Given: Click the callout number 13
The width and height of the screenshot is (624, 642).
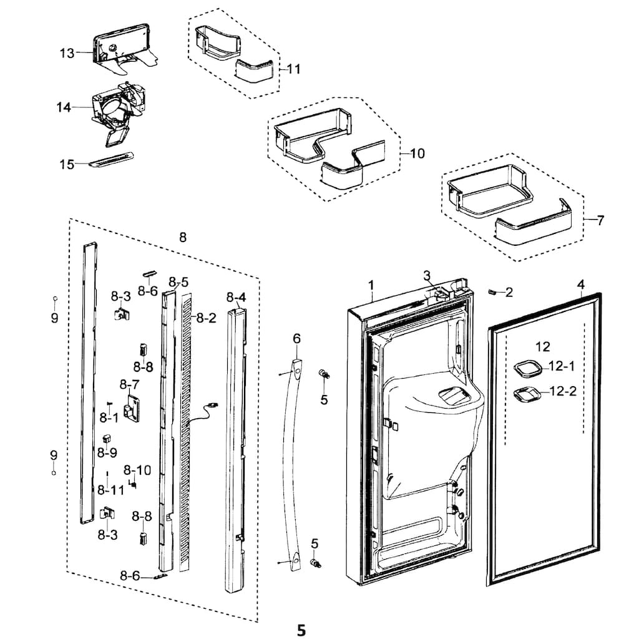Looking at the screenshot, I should pos(67,53).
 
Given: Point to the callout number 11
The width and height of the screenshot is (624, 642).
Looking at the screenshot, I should pos(293,69).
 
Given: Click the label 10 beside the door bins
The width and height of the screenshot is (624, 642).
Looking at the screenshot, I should pos(417,153).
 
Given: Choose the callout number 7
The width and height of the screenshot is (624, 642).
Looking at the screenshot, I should pos(600,220).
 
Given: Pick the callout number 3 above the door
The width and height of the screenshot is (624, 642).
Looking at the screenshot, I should pos(427,275).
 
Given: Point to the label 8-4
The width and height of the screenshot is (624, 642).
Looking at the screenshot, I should pos(236,297).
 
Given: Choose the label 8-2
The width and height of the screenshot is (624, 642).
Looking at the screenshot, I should pos(206,318).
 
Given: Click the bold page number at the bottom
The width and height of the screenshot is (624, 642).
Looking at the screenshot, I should pos(301,630).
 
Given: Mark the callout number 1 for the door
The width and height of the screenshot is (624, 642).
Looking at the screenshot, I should pos(371,285).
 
